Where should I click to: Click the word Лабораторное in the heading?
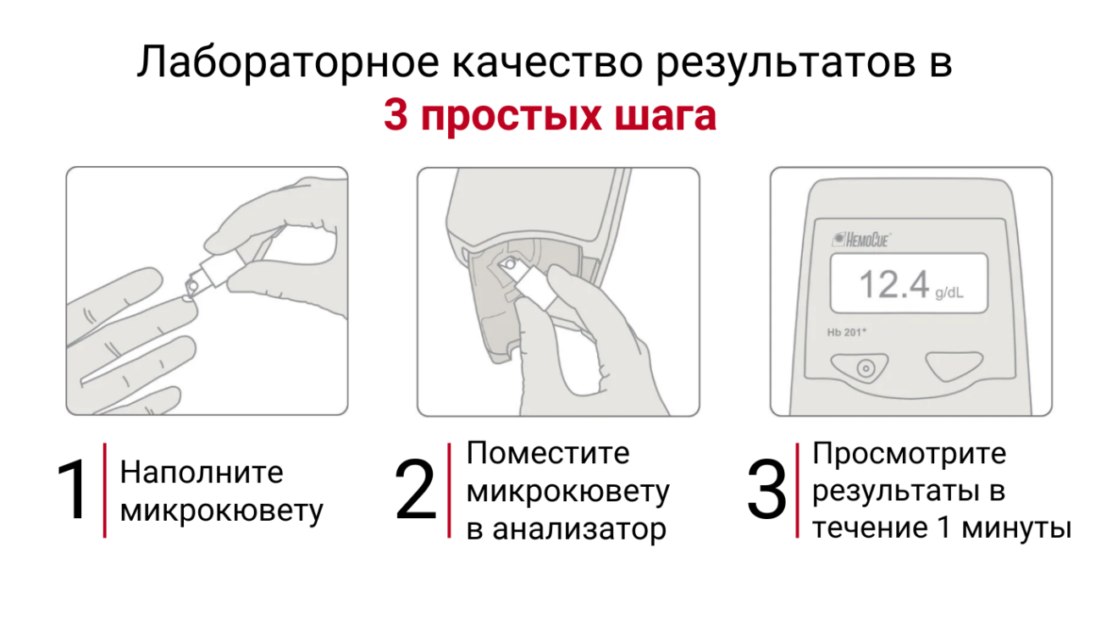click(288, 63)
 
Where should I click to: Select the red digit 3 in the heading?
click(396, 115)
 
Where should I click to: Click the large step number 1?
click(74, 489)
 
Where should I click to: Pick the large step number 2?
click(415, 489)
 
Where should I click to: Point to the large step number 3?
click(766, 489)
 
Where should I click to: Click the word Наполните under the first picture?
click(202, 473)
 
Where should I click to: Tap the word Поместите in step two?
click(548, 452)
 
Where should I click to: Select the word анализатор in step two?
click(579, 529)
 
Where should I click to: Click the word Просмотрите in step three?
click(910, 453)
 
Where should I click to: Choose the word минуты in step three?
click(1016, 528)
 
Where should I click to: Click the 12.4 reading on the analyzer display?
click(894, 284)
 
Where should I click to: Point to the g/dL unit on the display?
click(949, 293)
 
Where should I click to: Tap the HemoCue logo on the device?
click(860, 240)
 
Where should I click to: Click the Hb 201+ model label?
click(846, 333)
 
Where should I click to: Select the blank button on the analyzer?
click(954, 366)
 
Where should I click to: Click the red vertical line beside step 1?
click(105, 490)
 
